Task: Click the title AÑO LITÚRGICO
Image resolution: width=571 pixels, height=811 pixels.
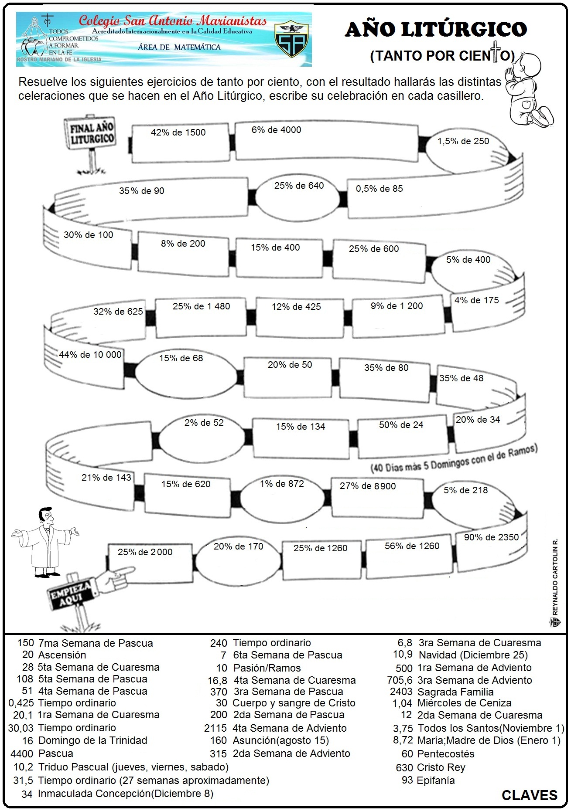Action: [x=436, y=30]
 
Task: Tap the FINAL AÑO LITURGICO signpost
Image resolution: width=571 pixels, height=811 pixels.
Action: [x=92, y=133]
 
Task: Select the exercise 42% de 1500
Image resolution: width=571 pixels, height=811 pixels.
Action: [x=178, y=132]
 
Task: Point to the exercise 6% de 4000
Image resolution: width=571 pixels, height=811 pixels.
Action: [x=276, y=130]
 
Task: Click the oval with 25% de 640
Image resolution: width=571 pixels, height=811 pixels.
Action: [x=299, y=186]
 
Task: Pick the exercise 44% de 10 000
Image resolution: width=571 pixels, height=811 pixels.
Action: [x=90, y=355]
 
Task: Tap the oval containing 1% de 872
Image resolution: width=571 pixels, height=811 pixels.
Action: [x=282, y=484]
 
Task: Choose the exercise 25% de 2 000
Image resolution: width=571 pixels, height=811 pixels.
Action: [x=145, y=552]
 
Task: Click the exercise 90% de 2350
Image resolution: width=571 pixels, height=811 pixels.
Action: [x=491, y=537]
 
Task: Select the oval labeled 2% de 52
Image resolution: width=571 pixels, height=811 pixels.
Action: [x=204, y=423]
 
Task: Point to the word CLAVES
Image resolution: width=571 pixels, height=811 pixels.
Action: [x=529, y=795]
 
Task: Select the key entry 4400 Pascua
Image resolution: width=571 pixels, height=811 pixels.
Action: [x=42, y=753]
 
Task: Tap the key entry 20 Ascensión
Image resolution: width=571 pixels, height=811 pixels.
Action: [x=54, y=655]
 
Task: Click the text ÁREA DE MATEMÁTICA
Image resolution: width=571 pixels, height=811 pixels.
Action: [x=179, y=47]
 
